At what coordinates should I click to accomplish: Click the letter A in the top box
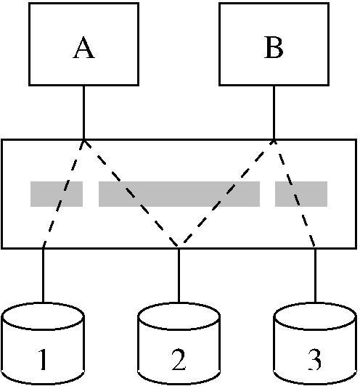pyautogui.click(x=83, y=47)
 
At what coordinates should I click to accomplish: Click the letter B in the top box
pyautogui.click(x=274, y=47)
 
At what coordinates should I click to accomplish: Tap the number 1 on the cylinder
pyautogui.click(x=43, y=359)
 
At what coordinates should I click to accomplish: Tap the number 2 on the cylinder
pyautogui.click(x=179, y=359)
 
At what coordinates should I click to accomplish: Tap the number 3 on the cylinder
pyautogui.click(x=315, y=359)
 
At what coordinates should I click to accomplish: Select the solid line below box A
pyautogui.click(x=83, y=112)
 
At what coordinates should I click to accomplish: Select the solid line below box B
pyautogui.click(x=274, y=112)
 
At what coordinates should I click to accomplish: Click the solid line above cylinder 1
pyautogui.click(x=43, y=275)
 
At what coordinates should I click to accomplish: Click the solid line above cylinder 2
pyautogui.click(x=179, y=275)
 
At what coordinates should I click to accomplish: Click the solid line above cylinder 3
pyautogui.click(x=316, y=275)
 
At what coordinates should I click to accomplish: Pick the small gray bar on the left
pyautogui.click(x=57, y=194)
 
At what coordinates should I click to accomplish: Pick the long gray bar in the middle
pyautogui.click(x=179, y=194)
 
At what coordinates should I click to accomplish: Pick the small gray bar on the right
pyautogui.click(x=301, y=194)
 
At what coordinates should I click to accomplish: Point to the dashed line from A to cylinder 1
pyautogui.click(x=63, y=194)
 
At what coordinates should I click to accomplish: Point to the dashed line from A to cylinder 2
pyautogui.click(x=131, y=193)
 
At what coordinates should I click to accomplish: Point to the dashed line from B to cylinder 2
pyautogui.click(x=226, y=193)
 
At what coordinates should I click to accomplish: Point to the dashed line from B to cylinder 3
pyautogui.click(x=295, y=194)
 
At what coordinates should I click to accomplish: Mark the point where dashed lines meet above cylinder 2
pyautogui.click(x=179, y=246)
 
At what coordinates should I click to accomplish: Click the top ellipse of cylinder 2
pyautogui.click(x=179, y=316)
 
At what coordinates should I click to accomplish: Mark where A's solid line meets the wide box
pyautogui.click(x=83, y=139)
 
